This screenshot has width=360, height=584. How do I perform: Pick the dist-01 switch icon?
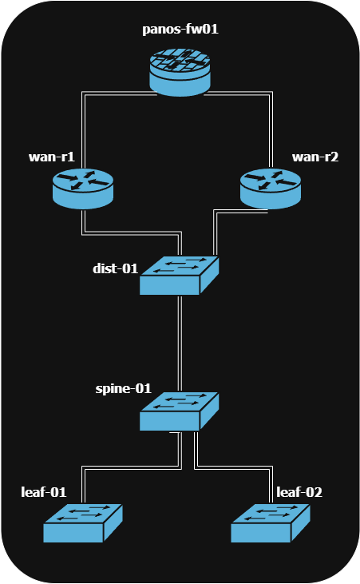(180, 276)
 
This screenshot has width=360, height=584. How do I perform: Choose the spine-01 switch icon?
(180, 411)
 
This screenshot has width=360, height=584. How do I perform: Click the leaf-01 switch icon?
(83, 523)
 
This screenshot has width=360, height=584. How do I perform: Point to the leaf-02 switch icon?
(271, 523)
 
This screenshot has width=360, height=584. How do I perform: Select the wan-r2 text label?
(315, 157)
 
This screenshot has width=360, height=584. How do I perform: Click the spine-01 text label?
(123, 389)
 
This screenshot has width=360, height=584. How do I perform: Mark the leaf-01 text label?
(45, 491)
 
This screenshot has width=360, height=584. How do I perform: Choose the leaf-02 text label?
(299, 491)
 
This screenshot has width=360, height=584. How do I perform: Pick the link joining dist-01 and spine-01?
(180, 344)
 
